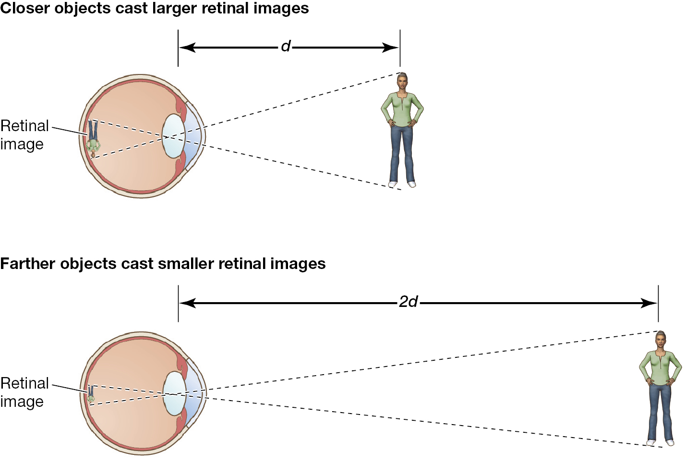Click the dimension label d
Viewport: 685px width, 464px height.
(286, 47)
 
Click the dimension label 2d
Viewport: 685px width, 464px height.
(408, 303)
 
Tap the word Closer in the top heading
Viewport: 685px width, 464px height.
(25, 8)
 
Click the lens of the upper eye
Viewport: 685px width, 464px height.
(173, 136)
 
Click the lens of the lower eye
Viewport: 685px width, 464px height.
(174, 393)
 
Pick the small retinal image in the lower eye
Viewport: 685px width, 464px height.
(91, 394)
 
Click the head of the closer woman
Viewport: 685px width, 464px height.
(402, 81)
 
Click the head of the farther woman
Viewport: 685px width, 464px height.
(661, 340)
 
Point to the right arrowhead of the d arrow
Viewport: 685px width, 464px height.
(390, 48)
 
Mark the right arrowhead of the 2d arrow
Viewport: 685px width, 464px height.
(649, 303)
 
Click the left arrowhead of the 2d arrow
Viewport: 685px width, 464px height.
(188, 303)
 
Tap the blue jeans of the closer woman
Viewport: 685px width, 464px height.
(402, 155)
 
